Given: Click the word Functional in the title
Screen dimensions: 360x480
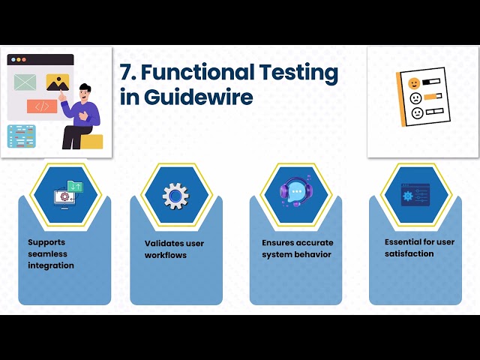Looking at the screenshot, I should (196, 73).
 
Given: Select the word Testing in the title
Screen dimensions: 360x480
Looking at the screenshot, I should (298, 73).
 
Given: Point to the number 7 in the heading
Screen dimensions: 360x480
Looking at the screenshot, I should (125, 73).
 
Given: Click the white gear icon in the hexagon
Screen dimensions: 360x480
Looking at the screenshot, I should (175, 196).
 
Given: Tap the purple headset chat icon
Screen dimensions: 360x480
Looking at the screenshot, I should (294, 193).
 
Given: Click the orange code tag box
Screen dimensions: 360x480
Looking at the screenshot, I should (42, 106).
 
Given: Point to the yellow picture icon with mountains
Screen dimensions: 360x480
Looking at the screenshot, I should (58, 82).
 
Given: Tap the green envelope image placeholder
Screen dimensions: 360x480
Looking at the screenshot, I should (25, 81).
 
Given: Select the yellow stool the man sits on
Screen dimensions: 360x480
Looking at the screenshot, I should (91, 141).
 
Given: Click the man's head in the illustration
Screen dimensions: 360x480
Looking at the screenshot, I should (85, 91).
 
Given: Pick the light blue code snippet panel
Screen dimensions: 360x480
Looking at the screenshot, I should (21, 135).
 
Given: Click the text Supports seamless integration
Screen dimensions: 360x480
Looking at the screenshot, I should (51, 253).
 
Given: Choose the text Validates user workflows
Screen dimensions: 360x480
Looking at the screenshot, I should (174, 249).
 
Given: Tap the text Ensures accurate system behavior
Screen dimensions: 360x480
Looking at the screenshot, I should (297, 248).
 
